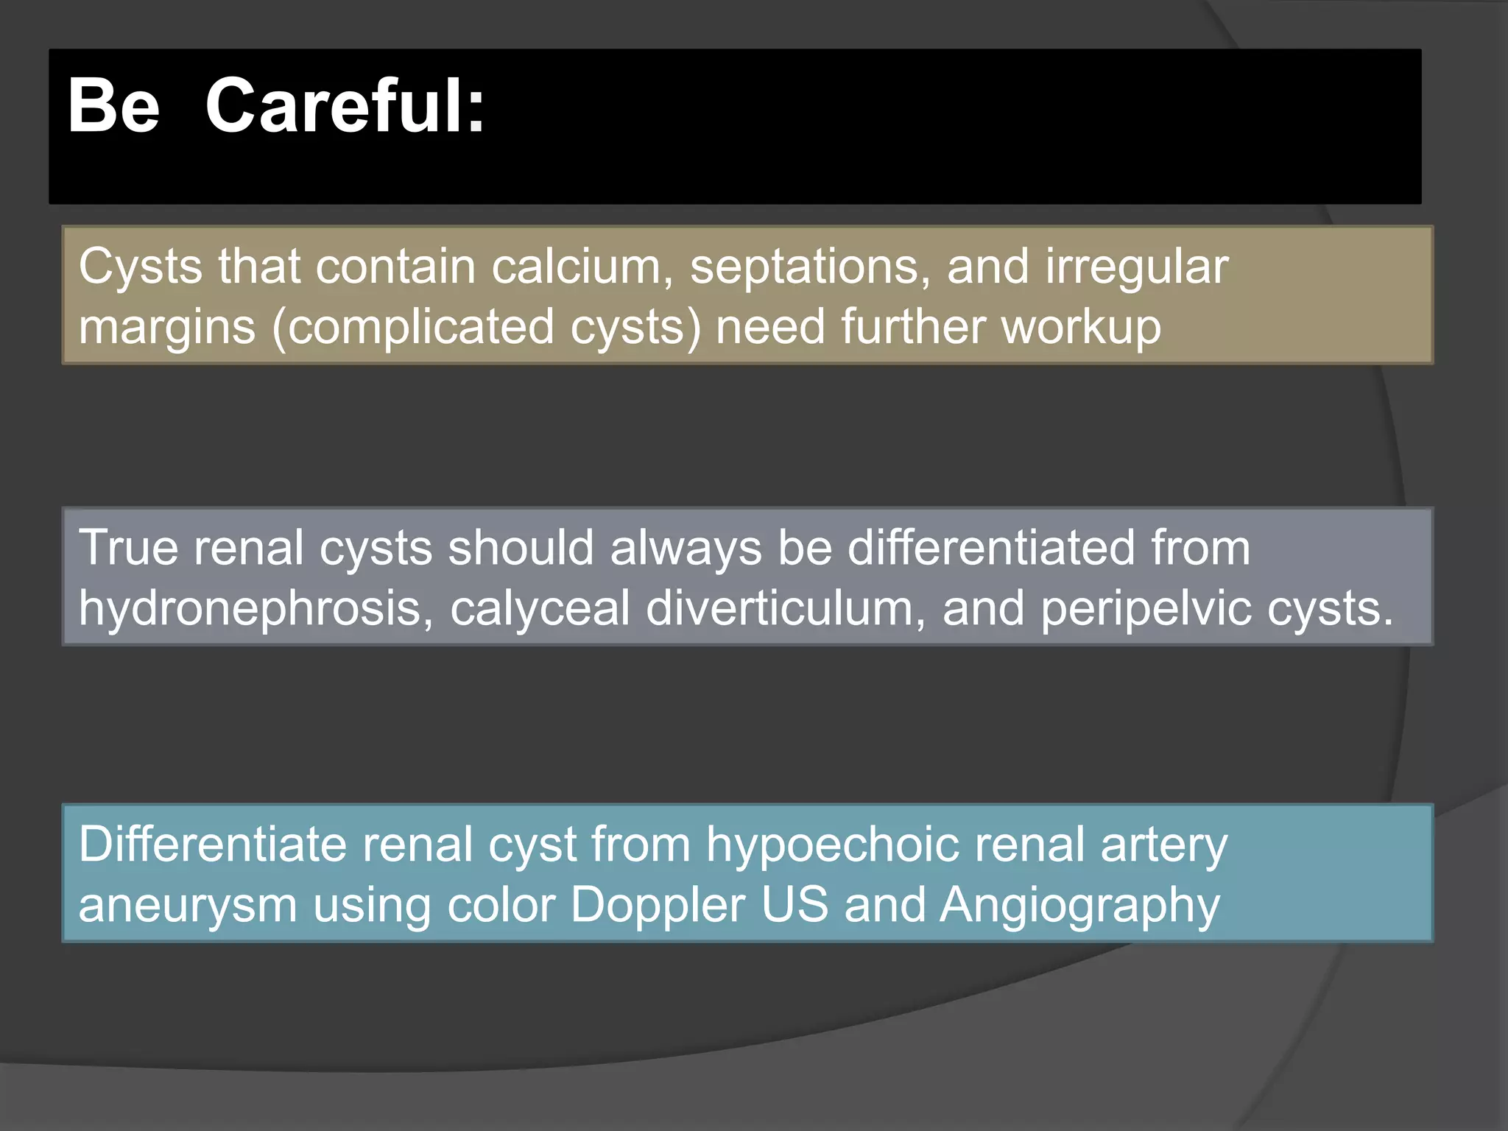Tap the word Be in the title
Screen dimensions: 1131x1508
click(x=113, y=107)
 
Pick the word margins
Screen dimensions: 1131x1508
click(x=167, y=328)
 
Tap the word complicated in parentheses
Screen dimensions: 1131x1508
click(x=420, y=328)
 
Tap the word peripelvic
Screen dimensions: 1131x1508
click(x=1145, y=610)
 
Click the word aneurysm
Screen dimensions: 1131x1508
click(x=188, y=906)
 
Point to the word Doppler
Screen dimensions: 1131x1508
click(x=658, y=906)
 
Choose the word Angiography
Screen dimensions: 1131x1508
click(x=1079, y=906)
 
